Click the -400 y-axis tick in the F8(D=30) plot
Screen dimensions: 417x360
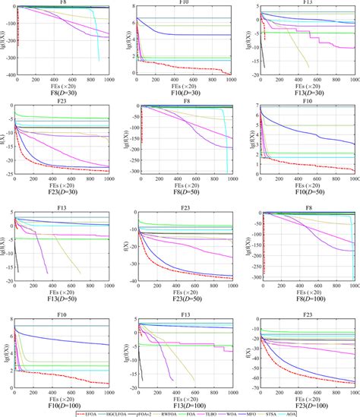pos(8,76)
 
